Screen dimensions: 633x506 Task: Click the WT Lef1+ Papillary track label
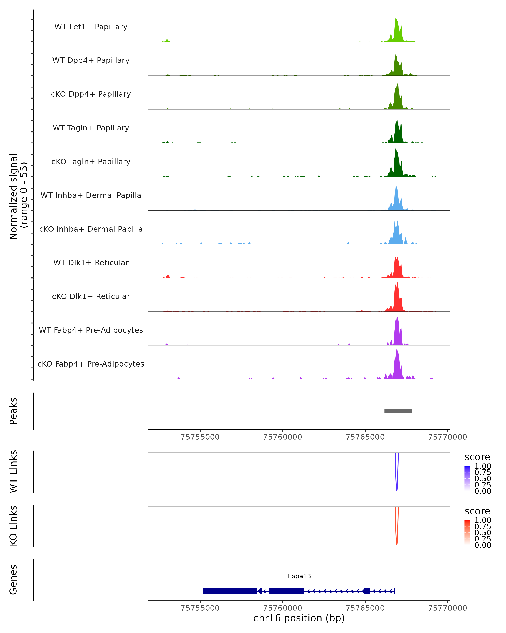pyautogui.click(x=91, y=27)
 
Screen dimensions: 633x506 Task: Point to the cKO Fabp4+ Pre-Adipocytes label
pyautogui.click(x=91, y=364)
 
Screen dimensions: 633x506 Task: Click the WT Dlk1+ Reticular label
pyautogui.click(x=91, y=262)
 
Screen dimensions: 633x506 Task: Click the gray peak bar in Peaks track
pyautogui.click(x=398, y=411)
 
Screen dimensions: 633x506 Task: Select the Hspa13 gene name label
pyautogui.click(x=299, y=576)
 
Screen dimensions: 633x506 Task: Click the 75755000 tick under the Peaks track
pyautogui.click(x=200, y=437)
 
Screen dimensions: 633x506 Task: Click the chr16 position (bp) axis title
pyautogui.click(x=299, y=618)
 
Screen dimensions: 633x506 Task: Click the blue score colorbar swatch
pyautogui.click(x=467, y=478)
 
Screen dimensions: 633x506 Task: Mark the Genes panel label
pyautogui.click(x=13, y=580)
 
